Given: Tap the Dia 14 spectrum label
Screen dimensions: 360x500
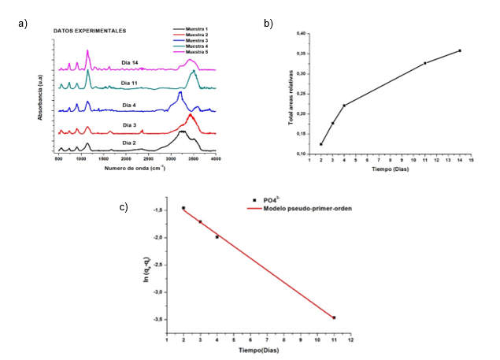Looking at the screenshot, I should click(x=131, y=61).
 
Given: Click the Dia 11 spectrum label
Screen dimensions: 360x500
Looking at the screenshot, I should click(x=131, y=82).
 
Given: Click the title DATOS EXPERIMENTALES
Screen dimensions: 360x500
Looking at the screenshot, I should click(x=90, y=32).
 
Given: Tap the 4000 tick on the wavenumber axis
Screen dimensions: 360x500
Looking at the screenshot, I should click(x=215, y=159).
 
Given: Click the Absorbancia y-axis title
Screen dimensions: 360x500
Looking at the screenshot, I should click(x=40, y=95).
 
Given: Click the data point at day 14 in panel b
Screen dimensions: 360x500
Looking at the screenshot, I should click(x=459, y=50).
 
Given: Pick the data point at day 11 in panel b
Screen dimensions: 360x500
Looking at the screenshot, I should click(x=424, y=63).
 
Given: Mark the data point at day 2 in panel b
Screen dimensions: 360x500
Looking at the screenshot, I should click(x=321, y=144).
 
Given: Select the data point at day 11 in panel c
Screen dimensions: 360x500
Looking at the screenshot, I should click(x=334, y=317).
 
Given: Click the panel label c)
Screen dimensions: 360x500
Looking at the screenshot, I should click(x=124, y=207).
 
